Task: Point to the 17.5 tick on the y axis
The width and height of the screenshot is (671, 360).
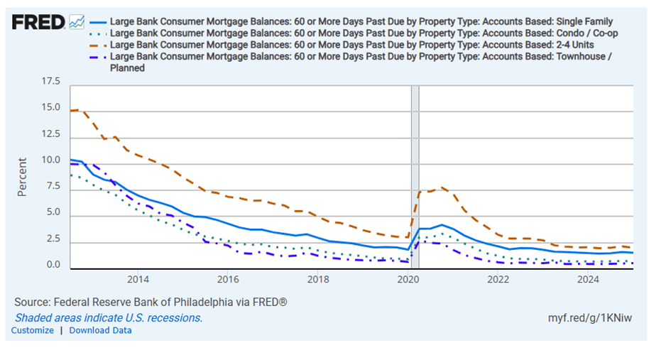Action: click(x=51, y=82)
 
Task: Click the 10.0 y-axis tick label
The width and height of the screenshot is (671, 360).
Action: click(x=51, y=161)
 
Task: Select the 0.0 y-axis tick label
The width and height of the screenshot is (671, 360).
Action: click(x=53, y=266)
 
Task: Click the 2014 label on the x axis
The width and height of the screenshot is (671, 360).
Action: click(x=138, y=280)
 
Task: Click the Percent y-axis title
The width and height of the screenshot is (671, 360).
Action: click(x=23, y=177)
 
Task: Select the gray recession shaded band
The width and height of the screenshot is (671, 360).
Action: click(x=415, y=178)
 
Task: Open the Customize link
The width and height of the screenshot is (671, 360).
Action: click(x=32, y=330)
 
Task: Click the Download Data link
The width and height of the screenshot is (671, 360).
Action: click(x=100, y=330)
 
